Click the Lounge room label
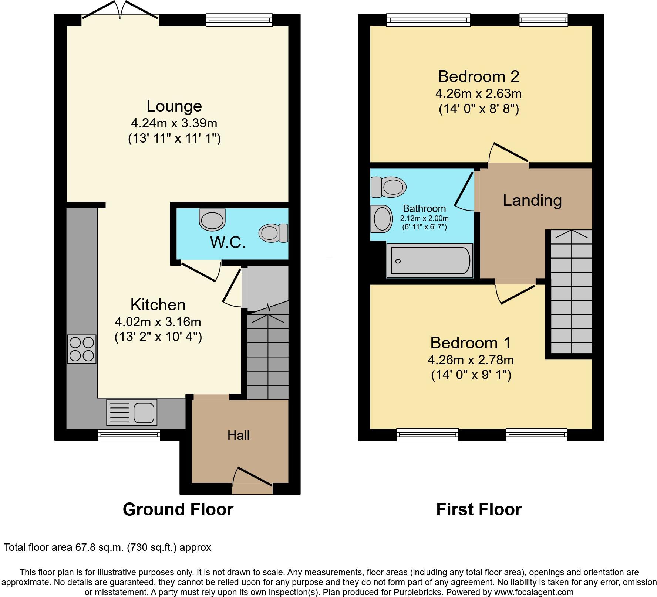pyautogui.click(x=174, y=106)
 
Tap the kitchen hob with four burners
pyautogui.click(x=82, y=349)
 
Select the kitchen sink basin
pyautogui.click(x=144, y=413)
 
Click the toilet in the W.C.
pyautogui.click(x=273, y=233)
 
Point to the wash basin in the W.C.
pyautogui.click(x=212, y=219)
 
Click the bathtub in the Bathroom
pyautogui.click(x=430, y=261)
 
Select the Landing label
pyautogui.click(x=532, y=200)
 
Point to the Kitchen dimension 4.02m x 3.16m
pyautogui.click(x=158, y=322)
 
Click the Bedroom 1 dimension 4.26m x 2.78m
pyautogui.click(x=471, y=359)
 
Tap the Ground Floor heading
pyautogui.click(x=178, y=509)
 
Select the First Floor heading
pyautogui.click(x=479, y=509)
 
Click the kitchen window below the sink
pyautogui.click(x=129, y=435)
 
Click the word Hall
pyautogui.click(x=238, y=435)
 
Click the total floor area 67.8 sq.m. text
pyautogui.click(x=107, y=547)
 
